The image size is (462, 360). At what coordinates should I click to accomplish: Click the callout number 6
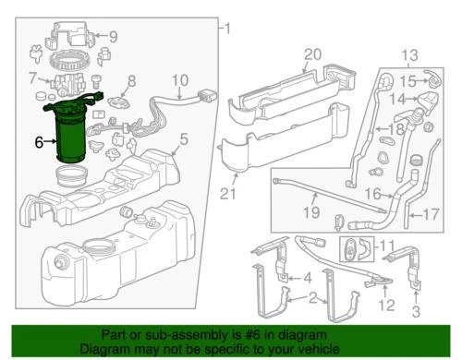[38, 142]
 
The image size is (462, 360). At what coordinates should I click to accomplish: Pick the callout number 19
[311, 213]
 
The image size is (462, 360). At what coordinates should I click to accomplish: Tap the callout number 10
[179, 79]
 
